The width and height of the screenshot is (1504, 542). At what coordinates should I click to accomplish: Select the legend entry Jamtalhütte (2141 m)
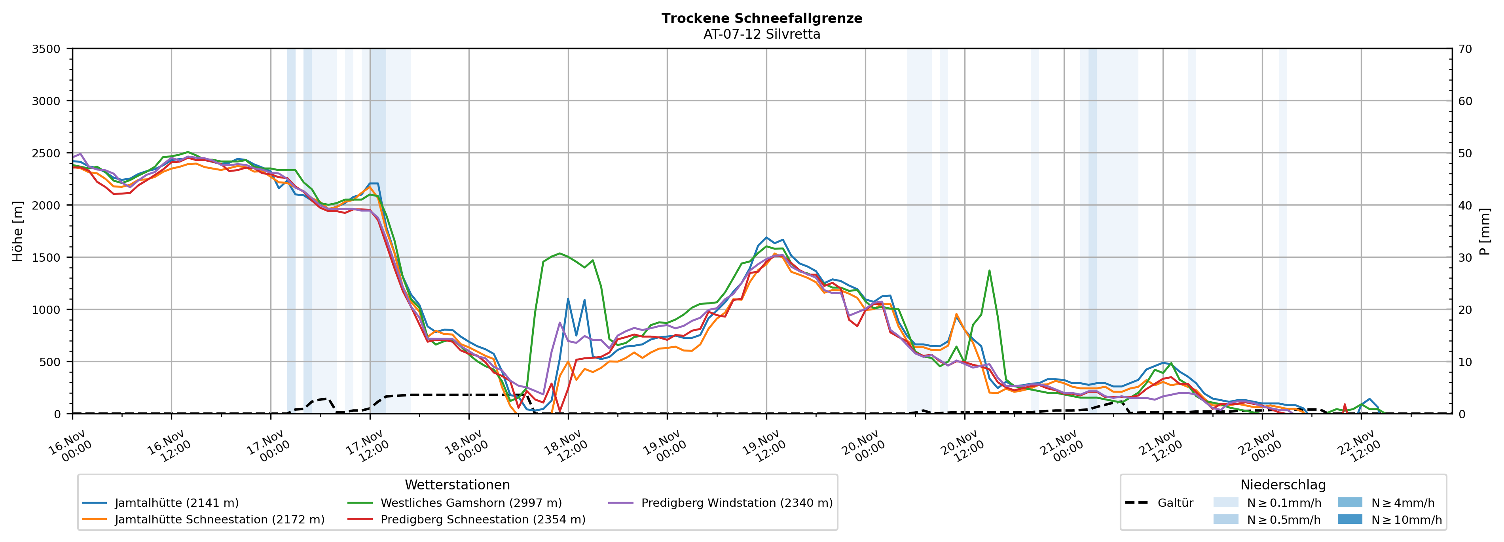176,503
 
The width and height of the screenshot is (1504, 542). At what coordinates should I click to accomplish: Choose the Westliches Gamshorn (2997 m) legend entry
470,503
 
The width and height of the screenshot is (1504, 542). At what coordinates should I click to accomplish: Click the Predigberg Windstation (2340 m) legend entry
736,503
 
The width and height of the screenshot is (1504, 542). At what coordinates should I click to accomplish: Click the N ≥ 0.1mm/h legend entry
1283,503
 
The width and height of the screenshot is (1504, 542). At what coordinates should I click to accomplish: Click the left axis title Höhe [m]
17,231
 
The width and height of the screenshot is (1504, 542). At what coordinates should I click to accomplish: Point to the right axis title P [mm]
1485,231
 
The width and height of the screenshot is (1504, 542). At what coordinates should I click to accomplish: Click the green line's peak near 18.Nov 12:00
560,253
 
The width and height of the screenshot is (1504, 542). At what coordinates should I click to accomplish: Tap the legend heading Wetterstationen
457,485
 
